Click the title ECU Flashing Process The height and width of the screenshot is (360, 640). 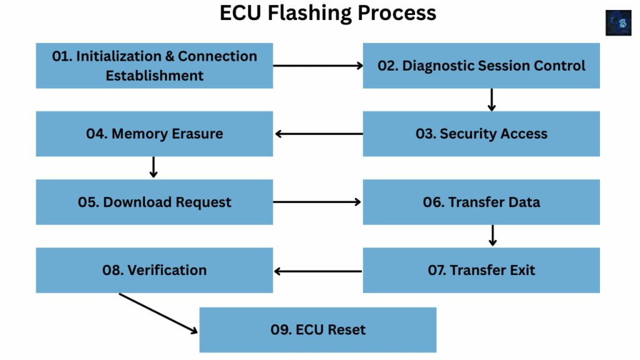point(327,14)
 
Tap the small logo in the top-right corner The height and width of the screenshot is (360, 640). point(617,22)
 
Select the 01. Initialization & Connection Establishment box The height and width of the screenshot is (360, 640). point(154,66)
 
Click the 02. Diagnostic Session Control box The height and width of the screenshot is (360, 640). point(481,66)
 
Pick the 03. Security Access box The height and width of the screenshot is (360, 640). point(481,134)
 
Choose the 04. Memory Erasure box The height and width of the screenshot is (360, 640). point(154,134)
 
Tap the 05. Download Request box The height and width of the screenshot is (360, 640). point(154,202)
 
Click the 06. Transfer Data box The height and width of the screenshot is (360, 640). point(481,202)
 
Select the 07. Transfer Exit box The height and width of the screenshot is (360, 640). point(481,270)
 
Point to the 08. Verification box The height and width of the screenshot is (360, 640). point(154,270)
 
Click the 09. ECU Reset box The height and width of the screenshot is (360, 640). point(317,330)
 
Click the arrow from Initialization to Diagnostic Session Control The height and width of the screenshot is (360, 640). point(318,65)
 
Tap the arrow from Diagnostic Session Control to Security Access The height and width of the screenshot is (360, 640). point(492,100)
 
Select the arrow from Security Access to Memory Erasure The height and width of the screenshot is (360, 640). point(318,133)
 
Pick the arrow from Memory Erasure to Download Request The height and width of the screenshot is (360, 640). point(153,167)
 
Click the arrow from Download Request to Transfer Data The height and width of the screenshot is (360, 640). point(318,202)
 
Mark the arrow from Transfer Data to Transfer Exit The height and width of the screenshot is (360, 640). point(492,235)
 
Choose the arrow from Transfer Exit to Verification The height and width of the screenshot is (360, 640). point(318,271)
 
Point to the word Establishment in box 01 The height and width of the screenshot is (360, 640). point(154,76)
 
